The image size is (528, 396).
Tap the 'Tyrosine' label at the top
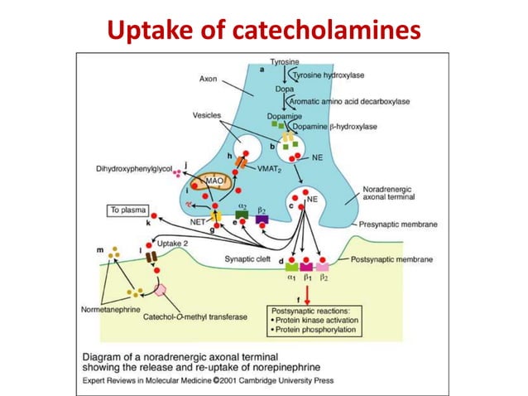tap(286, 62)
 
